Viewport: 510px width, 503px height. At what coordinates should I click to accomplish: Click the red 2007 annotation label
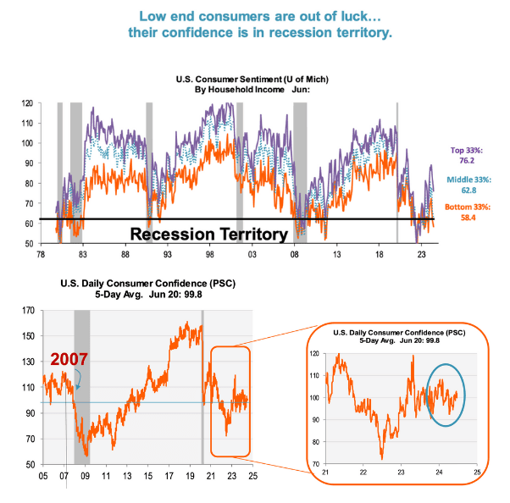pos(69,360)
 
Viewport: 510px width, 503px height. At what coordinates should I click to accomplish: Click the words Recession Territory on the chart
pos(209,233)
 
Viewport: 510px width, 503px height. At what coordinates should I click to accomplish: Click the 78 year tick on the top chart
pos(40,253)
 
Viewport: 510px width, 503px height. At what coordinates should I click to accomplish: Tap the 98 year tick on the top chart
pos(209,253)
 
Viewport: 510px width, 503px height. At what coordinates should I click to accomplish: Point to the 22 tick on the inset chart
pos(363,472)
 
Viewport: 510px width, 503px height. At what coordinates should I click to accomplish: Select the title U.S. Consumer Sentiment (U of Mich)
pos(252,79)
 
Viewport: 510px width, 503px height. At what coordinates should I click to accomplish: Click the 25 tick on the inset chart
pos(477,472)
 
